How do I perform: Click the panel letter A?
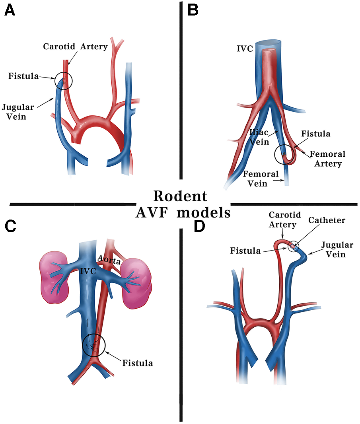tap(10, 10)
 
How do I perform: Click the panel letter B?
tap(193, 10)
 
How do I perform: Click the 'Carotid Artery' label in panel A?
tap(75, 47)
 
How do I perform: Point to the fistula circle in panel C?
tap(93, 345)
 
